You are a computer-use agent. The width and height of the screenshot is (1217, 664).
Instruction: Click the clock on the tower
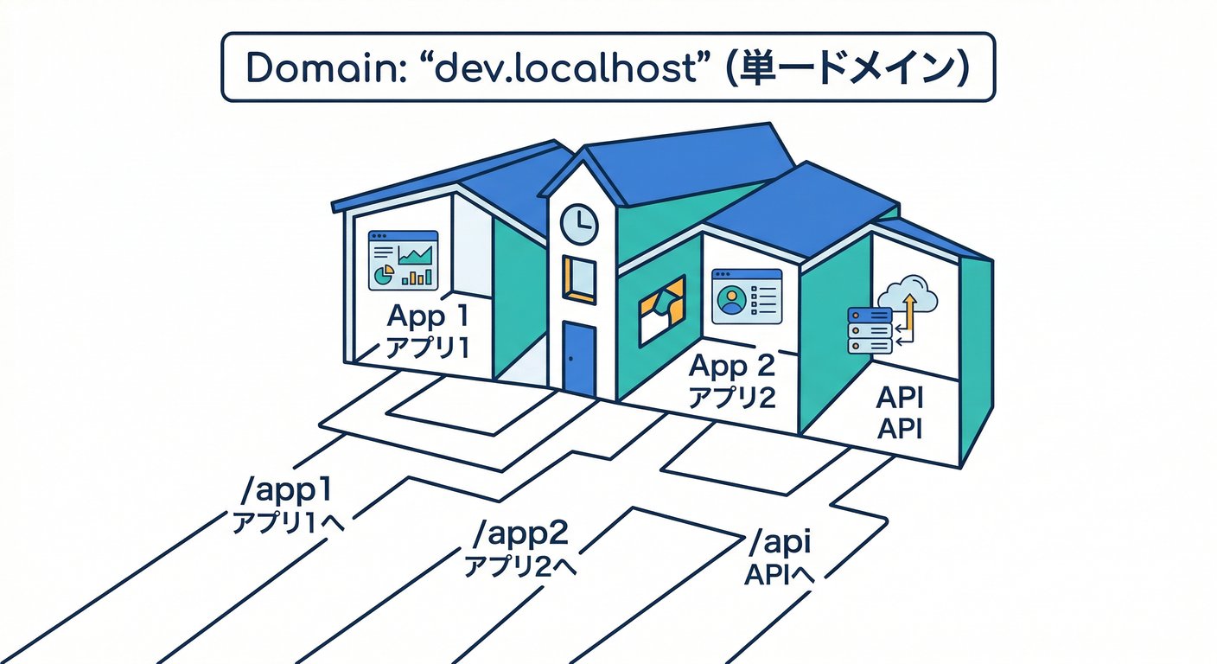(579, 224)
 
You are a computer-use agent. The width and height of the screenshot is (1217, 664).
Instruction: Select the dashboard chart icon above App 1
(403, 260)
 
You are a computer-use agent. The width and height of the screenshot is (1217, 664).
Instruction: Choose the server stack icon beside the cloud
(870, 330)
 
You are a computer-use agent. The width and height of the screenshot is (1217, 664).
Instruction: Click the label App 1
(428, 316)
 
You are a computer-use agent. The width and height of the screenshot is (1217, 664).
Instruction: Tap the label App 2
(731, 367)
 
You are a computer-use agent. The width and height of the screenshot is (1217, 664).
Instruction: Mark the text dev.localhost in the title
(565, 68)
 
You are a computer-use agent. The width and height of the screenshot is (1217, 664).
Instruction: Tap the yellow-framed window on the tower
(579, 278)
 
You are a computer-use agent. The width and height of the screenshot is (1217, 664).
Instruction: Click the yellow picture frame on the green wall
(660, 309)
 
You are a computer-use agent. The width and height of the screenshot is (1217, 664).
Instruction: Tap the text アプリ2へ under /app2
(519, 566)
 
